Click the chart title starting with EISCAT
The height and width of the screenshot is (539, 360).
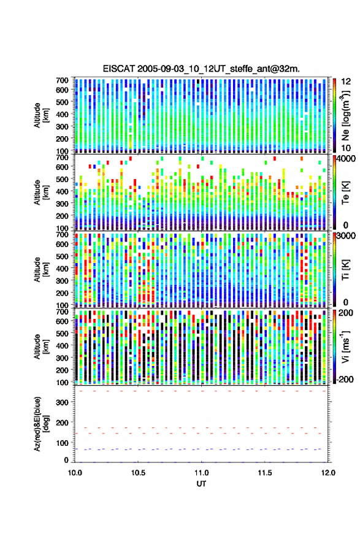click(x=201, y=69)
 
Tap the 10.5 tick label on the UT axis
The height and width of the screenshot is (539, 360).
click(x=138, y=473)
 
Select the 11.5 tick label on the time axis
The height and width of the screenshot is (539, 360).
click(x=264, y=473)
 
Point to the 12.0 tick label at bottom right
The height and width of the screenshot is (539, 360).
click(x=328, y=473)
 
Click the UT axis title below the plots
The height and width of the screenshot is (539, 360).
click(x=201, y=484)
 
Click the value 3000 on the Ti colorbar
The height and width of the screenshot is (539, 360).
click(x=346, y=236)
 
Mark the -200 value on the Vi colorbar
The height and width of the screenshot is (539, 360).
click(x=344, y=380)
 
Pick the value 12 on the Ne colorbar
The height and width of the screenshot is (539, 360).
click(x=346, y=82)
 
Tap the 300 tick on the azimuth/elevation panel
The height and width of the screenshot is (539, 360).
click(x=62, y=402)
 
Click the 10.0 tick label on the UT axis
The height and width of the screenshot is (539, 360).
click(x=75, y=473)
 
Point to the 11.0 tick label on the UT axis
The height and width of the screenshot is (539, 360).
click(x=201, y=473)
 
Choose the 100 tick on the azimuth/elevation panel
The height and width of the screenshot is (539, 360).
click(x=62, y=443)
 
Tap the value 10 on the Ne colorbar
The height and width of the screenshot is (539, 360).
click(x=346, y=148)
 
